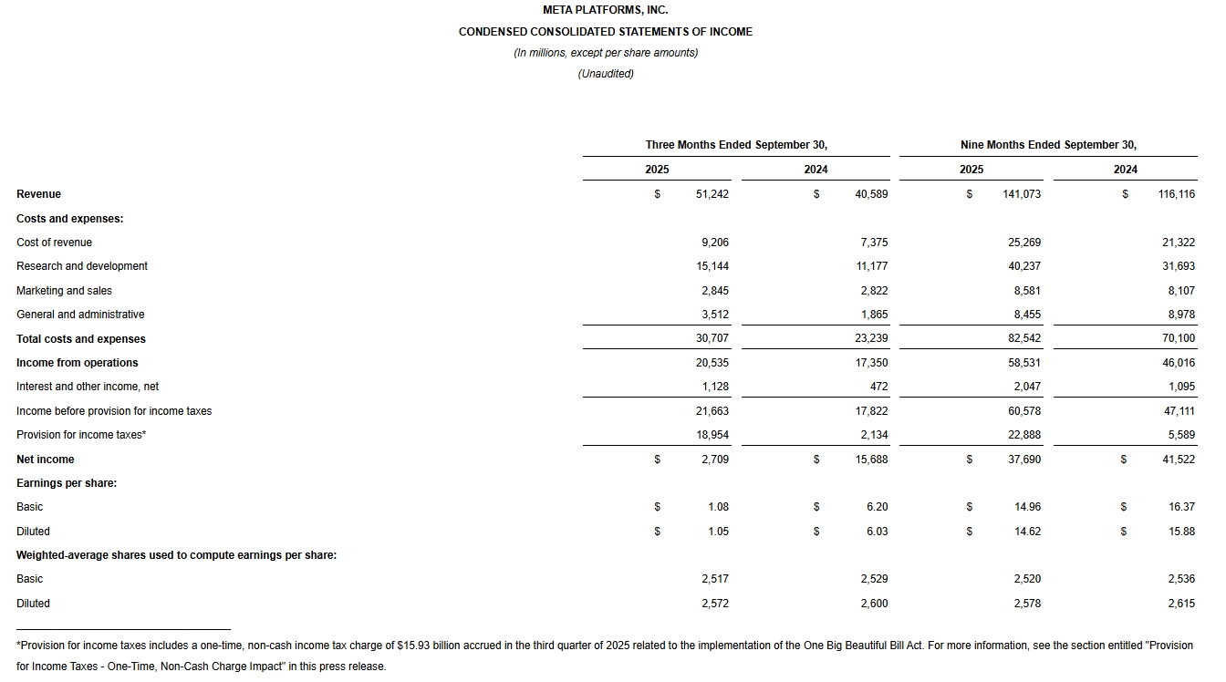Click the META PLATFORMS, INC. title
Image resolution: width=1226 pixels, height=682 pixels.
click(605, 10)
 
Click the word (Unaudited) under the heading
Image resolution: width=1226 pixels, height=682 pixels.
click(605, 74)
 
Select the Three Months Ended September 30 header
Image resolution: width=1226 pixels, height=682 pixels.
click(736, 145)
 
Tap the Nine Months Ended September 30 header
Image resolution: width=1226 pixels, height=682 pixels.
click(1048, 145)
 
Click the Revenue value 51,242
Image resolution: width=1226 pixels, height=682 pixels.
click(712, 194)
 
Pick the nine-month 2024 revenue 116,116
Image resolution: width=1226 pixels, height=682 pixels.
click(1176, 194)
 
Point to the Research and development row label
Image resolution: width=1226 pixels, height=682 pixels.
click(82, 266)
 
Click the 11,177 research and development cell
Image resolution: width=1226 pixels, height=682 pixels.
click(872, 266)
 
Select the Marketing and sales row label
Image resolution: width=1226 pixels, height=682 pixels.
click(64, 291)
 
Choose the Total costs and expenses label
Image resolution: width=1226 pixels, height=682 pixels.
click(81, 339)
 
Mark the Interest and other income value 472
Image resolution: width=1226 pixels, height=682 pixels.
click(878, 387)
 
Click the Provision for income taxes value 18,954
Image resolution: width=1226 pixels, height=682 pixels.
click(712, 435)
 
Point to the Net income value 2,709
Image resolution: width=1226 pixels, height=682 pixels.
click(715, 460)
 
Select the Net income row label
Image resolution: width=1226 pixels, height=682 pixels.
click(46, 460)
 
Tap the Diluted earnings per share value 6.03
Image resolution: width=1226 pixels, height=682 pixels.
click(877, 532)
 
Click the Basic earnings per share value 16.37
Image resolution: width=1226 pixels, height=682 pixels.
click(1181, 507)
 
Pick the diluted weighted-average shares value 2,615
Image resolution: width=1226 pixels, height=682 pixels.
click(1180, 604)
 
